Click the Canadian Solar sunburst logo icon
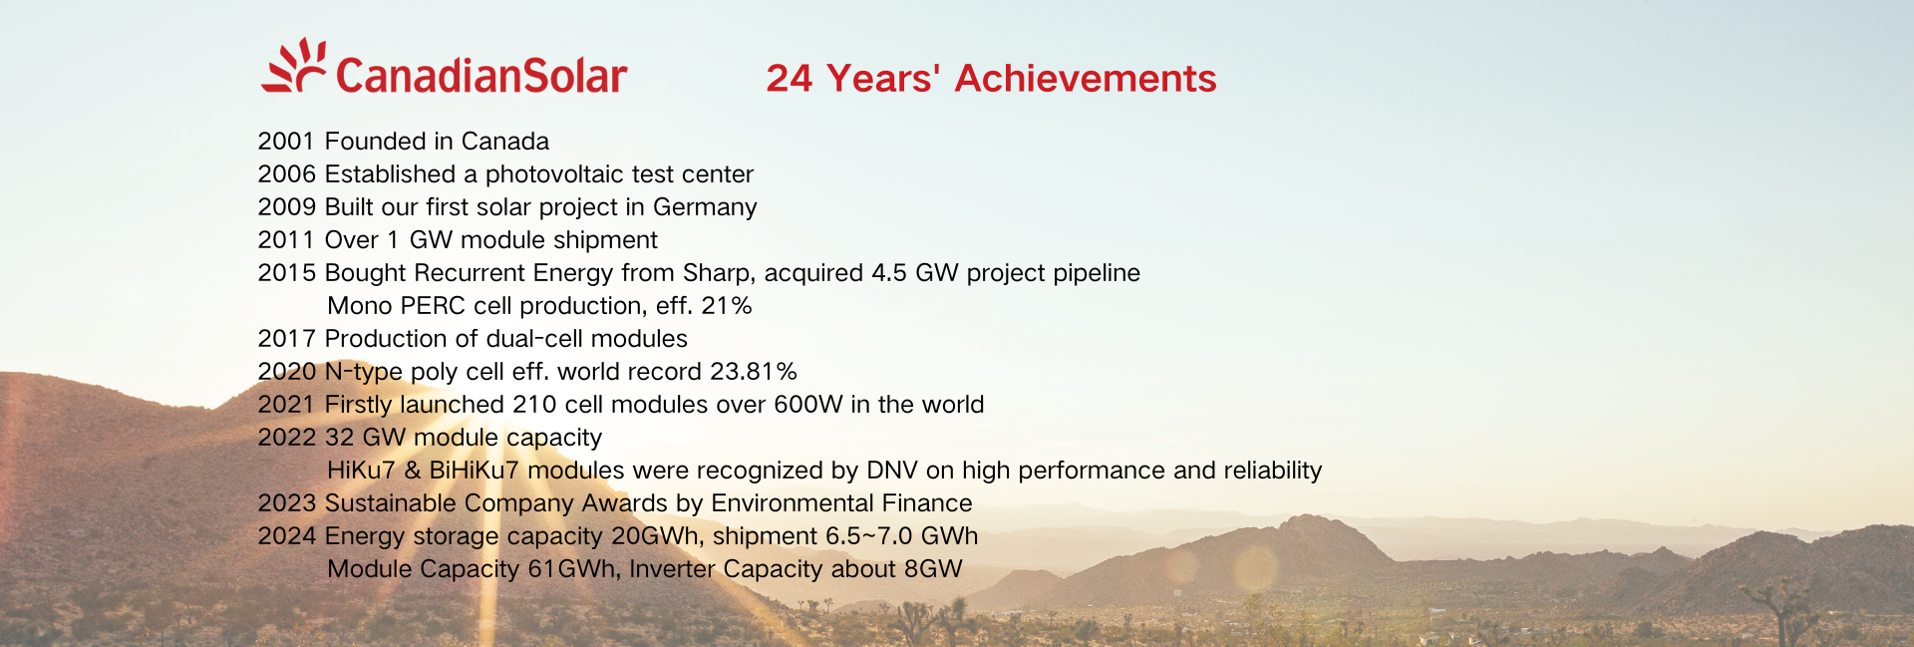coord(294,66)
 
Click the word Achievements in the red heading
coord(1086,79)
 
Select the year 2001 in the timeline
coord(287,142)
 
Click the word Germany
coord(705,207)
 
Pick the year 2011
coord(287,240)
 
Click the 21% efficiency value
coord(727,306)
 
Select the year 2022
coord(287,438)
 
